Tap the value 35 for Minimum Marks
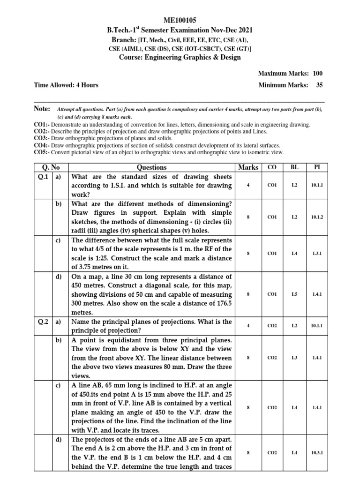point(319,85)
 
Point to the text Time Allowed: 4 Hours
point(66,85)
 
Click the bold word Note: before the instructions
point(42,108)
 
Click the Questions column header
point(151,167)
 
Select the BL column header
point(294,167)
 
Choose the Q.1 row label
point(43,177)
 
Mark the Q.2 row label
point(43,322)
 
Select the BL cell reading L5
point(294,294)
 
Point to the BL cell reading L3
point(294,358)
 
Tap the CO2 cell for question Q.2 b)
point(272,358)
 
